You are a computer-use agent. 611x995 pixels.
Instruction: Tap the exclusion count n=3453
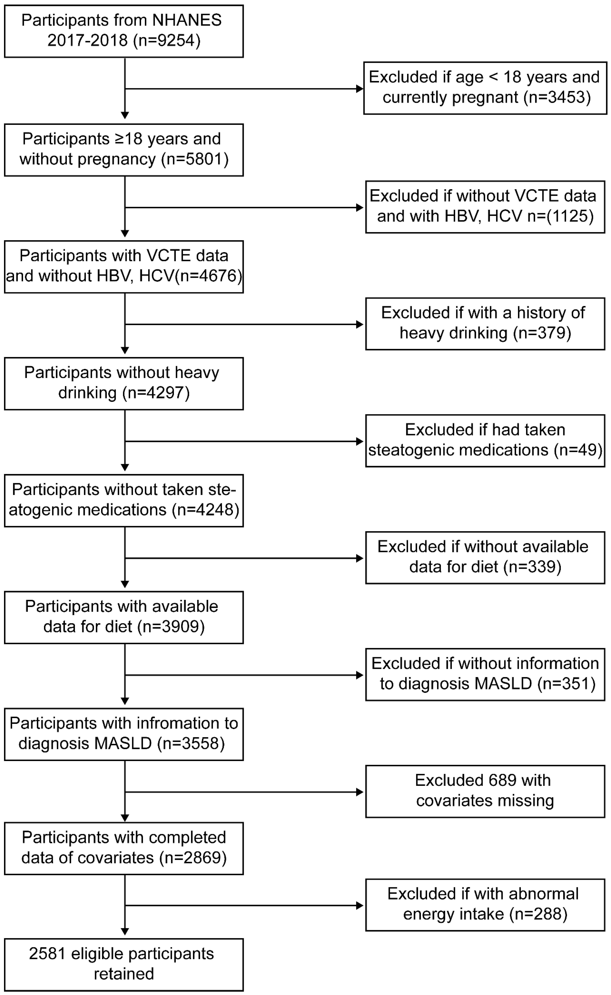pyautogui.click(x=558, y=97)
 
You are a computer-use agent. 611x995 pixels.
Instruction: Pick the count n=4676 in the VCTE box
pyautogui.click(x=209, y=276)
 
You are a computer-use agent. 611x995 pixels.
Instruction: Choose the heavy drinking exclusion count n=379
pyautogui.click(x=542, y=333)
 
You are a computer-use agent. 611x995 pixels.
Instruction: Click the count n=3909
pyautogui.click(x=171, y=627)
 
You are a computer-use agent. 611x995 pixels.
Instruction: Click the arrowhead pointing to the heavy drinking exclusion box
pyautogui.click(x=359, y=325)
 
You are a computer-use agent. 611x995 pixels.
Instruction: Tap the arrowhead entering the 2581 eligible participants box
pyautogui.click(x=125, y=932)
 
